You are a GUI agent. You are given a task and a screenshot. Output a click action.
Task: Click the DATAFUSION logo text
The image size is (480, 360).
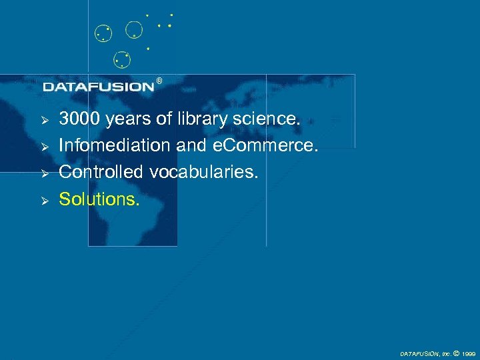tap(98, 87)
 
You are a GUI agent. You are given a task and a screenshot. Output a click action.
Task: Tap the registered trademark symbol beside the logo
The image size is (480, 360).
tap(159, 81)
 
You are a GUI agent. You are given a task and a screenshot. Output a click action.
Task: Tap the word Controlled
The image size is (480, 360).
tap(101, 171)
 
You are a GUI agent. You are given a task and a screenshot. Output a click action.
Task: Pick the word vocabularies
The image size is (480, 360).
tap(203, 171)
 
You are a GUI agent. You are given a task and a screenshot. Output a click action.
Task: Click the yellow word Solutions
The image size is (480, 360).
tap(99, 198)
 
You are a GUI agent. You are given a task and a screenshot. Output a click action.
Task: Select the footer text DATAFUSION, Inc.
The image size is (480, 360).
tap(424, 354)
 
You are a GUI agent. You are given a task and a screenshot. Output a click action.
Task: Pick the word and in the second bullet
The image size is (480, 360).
tap(191, 145)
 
